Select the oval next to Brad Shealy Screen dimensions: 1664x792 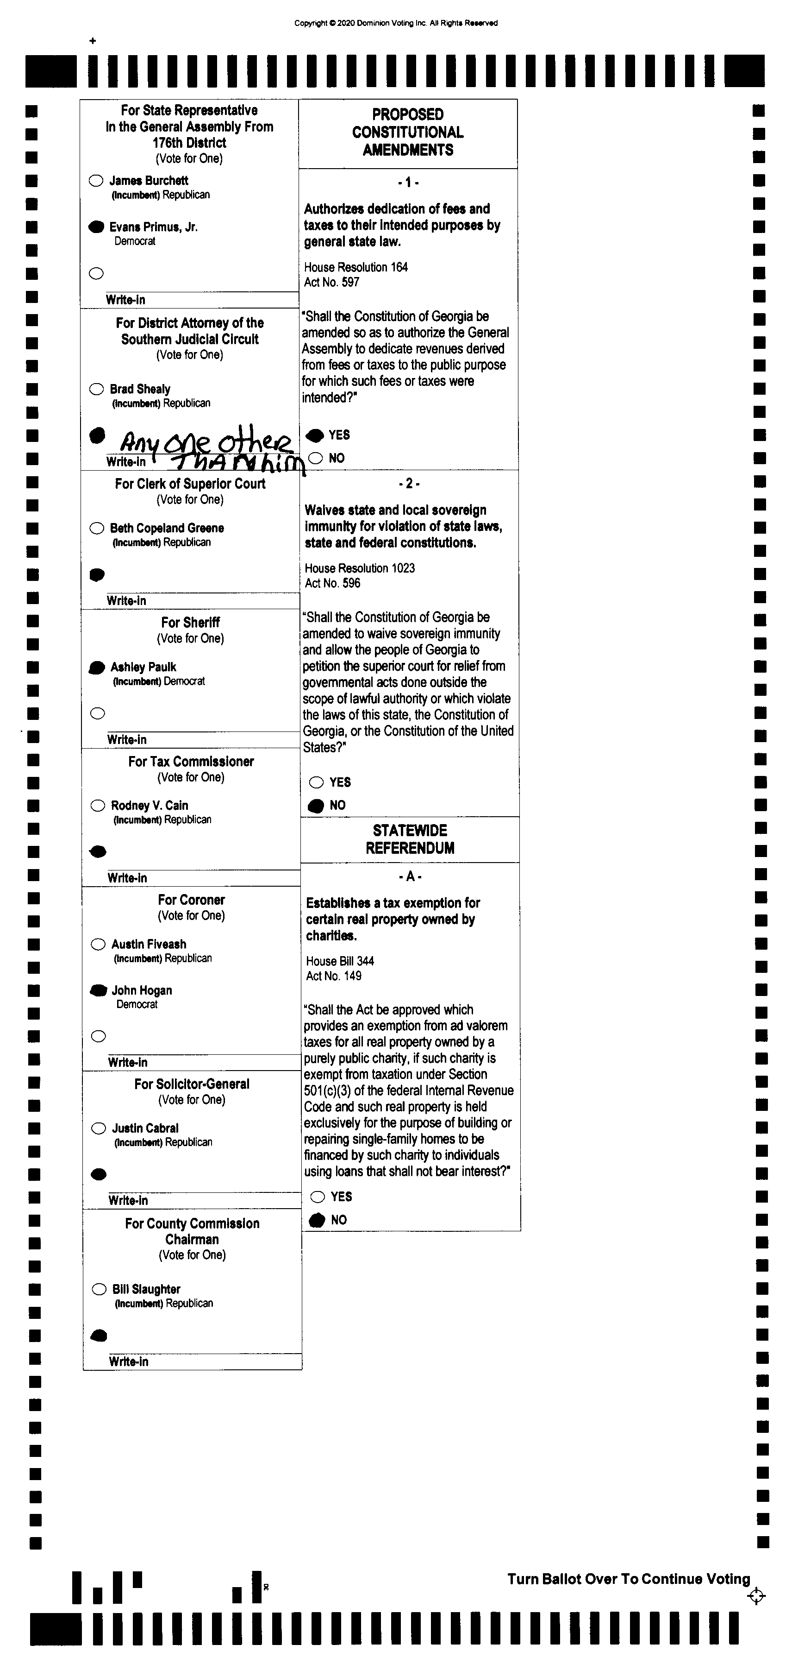click(96, 389)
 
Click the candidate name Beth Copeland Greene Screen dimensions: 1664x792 click(167, 528)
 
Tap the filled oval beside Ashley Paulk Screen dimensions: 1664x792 click(97, 667)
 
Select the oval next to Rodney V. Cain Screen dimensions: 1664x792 click(98, 806)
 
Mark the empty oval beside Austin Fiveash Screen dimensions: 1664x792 click(98, 945)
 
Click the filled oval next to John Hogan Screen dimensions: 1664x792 click(98, 990)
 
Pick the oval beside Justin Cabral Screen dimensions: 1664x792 click(98, 1128)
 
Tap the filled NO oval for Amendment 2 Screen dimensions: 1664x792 click(316, 806)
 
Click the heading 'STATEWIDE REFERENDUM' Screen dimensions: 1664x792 click(410, 839)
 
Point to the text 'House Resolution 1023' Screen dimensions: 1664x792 click(360, 568)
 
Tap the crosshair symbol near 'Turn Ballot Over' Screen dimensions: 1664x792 click(756, 1596)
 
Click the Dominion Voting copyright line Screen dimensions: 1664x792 click(396, 23)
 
